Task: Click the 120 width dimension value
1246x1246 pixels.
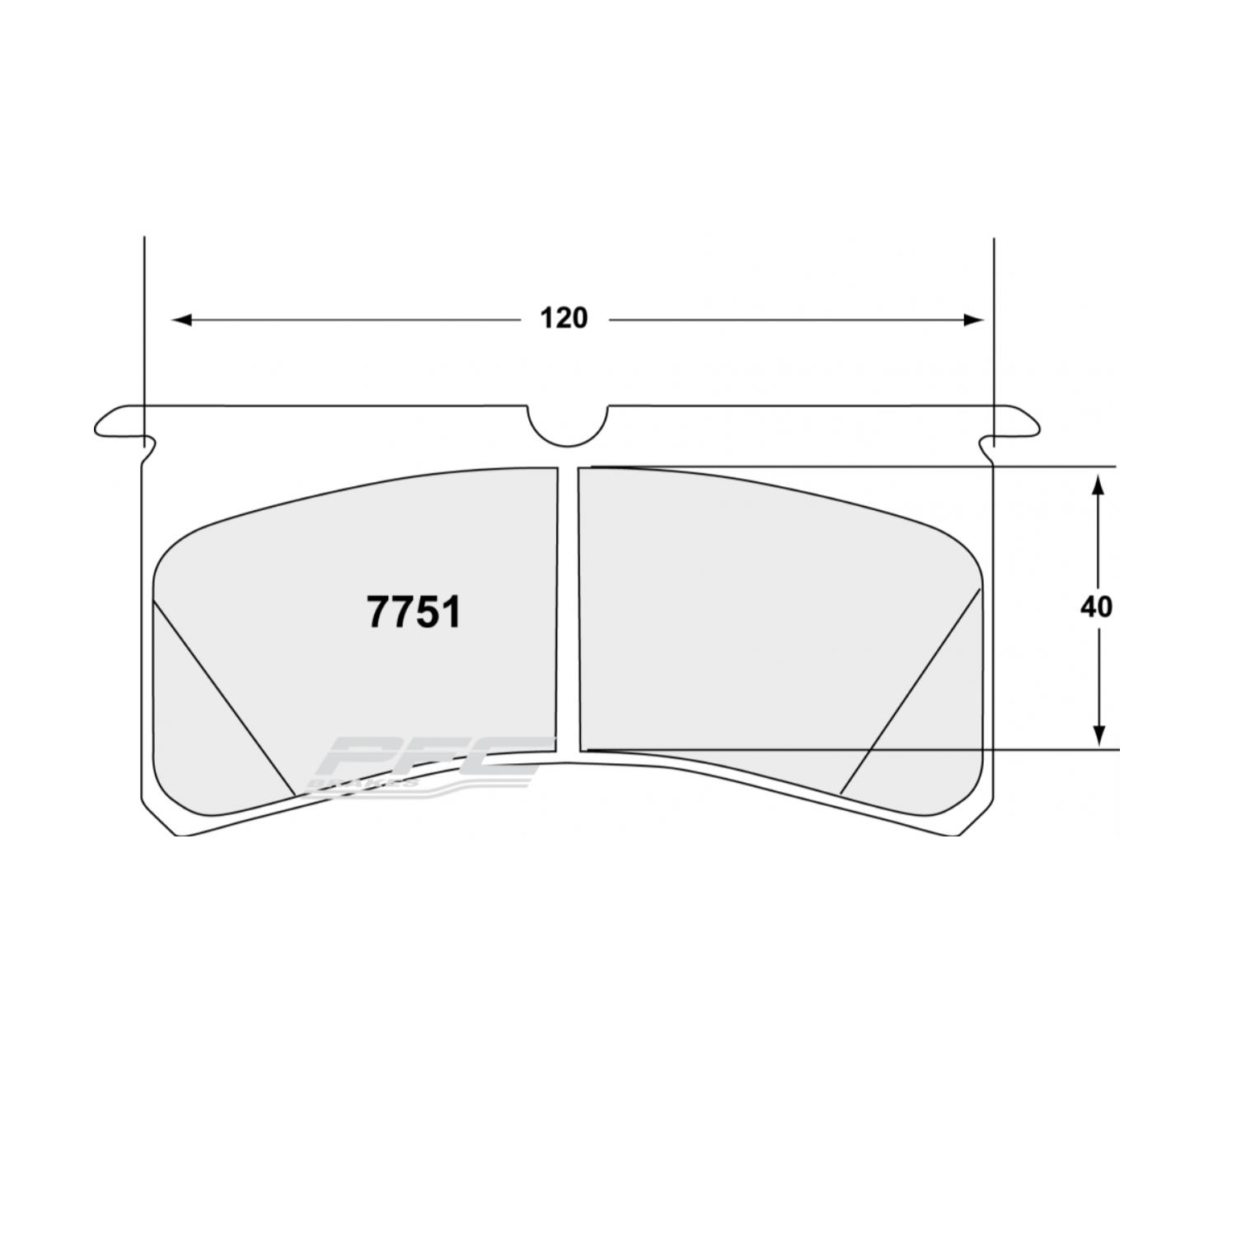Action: (564, 318)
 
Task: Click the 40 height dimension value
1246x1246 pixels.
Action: (1096, 607)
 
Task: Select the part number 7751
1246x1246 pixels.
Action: (414, 613)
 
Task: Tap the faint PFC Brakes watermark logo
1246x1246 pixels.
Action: (429, 762)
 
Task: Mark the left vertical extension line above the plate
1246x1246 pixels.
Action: (144, 330)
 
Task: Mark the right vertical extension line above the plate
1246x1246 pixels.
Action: (994, 330)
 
